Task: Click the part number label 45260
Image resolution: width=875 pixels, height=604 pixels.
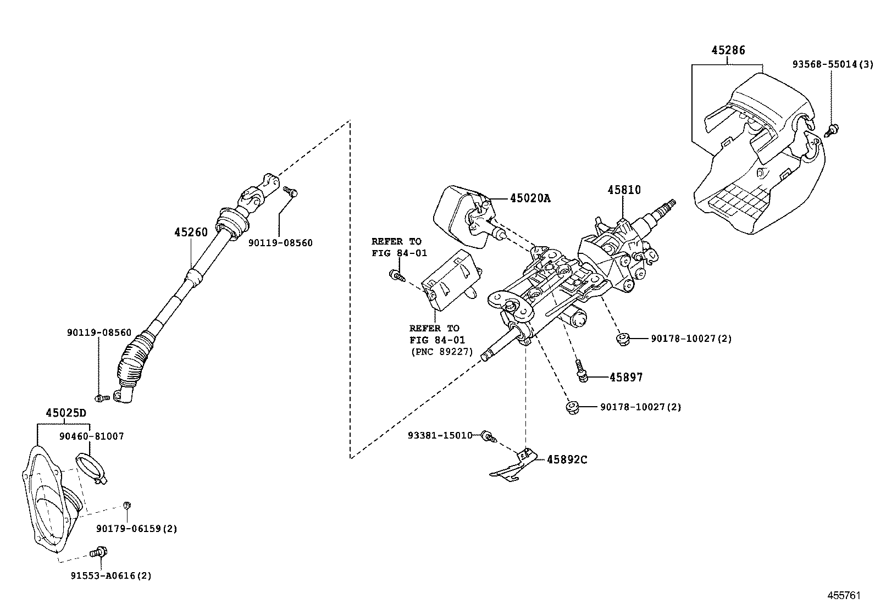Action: point(191,232)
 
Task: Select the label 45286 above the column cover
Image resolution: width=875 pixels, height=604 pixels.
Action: point(728,50)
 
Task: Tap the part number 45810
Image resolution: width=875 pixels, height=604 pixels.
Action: point(624,190)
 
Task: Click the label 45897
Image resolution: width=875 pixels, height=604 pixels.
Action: point(626,377)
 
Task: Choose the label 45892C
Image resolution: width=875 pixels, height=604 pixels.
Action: point(567,459)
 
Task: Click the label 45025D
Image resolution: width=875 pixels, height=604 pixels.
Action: point(66,413)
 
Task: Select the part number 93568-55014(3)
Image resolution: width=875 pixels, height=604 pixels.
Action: point(832,64)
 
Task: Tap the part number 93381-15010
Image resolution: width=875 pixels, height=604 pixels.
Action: point(440,435)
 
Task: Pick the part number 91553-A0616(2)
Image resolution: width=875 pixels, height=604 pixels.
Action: point(110,575)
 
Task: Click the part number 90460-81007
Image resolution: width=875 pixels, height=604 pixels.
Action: point(91,436)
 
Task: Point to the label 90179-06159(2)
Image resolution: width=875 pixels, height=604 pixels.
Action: point(136,528)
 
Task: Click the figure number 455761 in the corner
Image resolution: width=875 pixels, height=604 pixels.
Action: point(845,595)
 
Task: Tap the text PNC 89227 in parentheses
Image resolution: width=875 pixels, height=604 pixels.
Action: point(441,352)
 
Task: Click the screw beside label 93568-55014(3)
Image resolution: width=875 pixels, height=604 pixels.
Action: point(833,130)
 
